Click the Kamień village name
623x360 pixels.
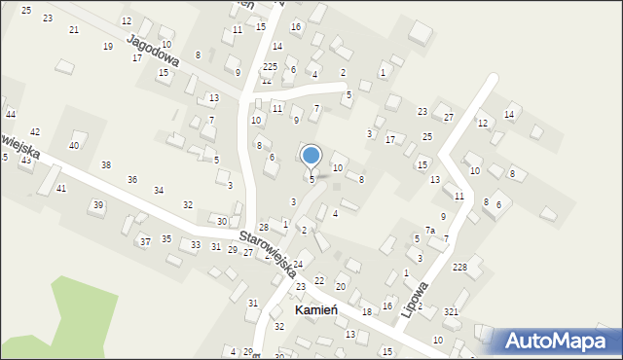[x=315, y=309]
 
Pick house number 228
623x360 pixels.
[x=459, y=268]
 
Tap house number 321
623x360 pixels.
[x=451, y=311]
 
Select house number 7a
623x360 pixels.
[x=428, y=231]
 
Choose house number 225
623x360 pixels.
[x=270, y=66]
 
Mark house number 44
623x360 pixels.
[x=10, y=115]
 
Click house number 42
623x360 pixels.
[x=35, y=132]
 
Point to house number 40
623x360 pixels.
[x=74, y=145]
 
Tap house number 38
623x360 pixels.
[x=106, y=165]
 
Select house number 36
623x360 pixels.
[x=132, y=179]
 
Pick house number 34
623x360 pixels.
[x=159, y=191]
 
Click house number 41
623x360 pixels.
[x=61, y=188]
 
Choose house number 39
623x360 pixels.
[x=97, y=205]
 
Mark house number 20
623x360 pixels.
[x=341, y=286]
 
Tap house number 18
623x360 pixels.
[x=367, y=311]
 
